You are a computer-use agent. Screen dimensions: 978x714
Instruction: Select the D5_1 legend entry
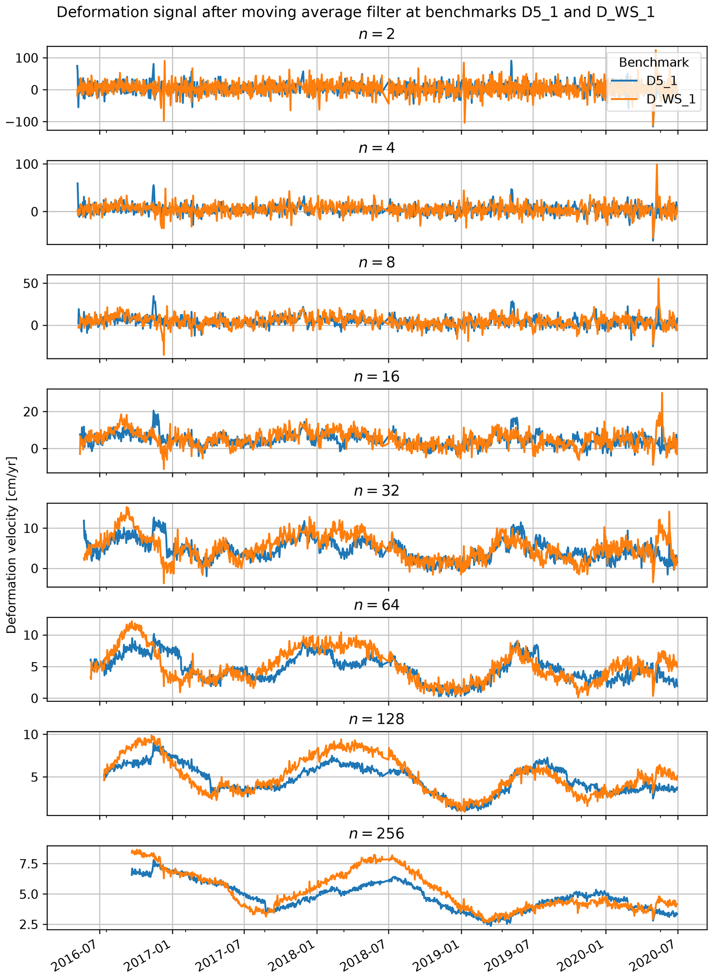[x=661, y=81]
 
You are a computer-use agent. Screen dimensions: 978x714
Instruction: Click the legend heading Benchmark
[x=654, y=63]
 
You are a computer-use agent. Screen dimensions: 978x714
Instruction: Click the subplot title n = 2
[x=377, y=34]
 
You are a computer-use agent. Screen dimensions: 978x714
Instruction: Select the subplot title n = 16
[x=377, y=377]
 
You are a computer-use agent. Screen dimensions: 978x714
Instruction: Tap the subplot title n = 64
[x=377, y=605]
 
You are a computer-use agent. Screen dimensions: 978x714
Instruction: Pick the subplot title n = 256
[x=377, y=833]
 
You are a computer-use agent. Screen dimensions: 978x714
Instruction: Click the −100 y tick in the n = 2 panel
[x=22, y=122]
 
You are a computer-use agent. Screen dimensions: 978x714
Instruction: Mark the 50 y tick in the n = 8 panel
[x=31, y=284]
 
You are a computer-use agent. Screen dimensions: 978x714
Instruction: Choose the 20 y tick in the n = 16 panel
[x=31, y=412]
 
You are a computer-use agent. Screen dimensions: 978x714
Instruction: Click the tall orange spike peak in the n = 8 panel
[x=658, y=279]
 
